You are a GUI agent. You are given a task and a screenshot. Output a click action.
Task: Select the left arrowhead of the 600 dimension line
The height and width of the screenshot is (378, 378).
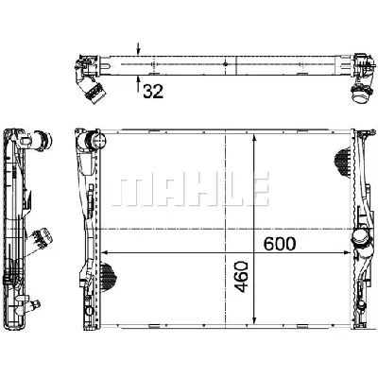point(106,253)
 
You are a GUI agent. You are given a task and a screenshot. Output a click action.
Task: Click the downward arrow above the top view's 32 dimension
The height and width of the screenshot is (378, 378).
point(139,48)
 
